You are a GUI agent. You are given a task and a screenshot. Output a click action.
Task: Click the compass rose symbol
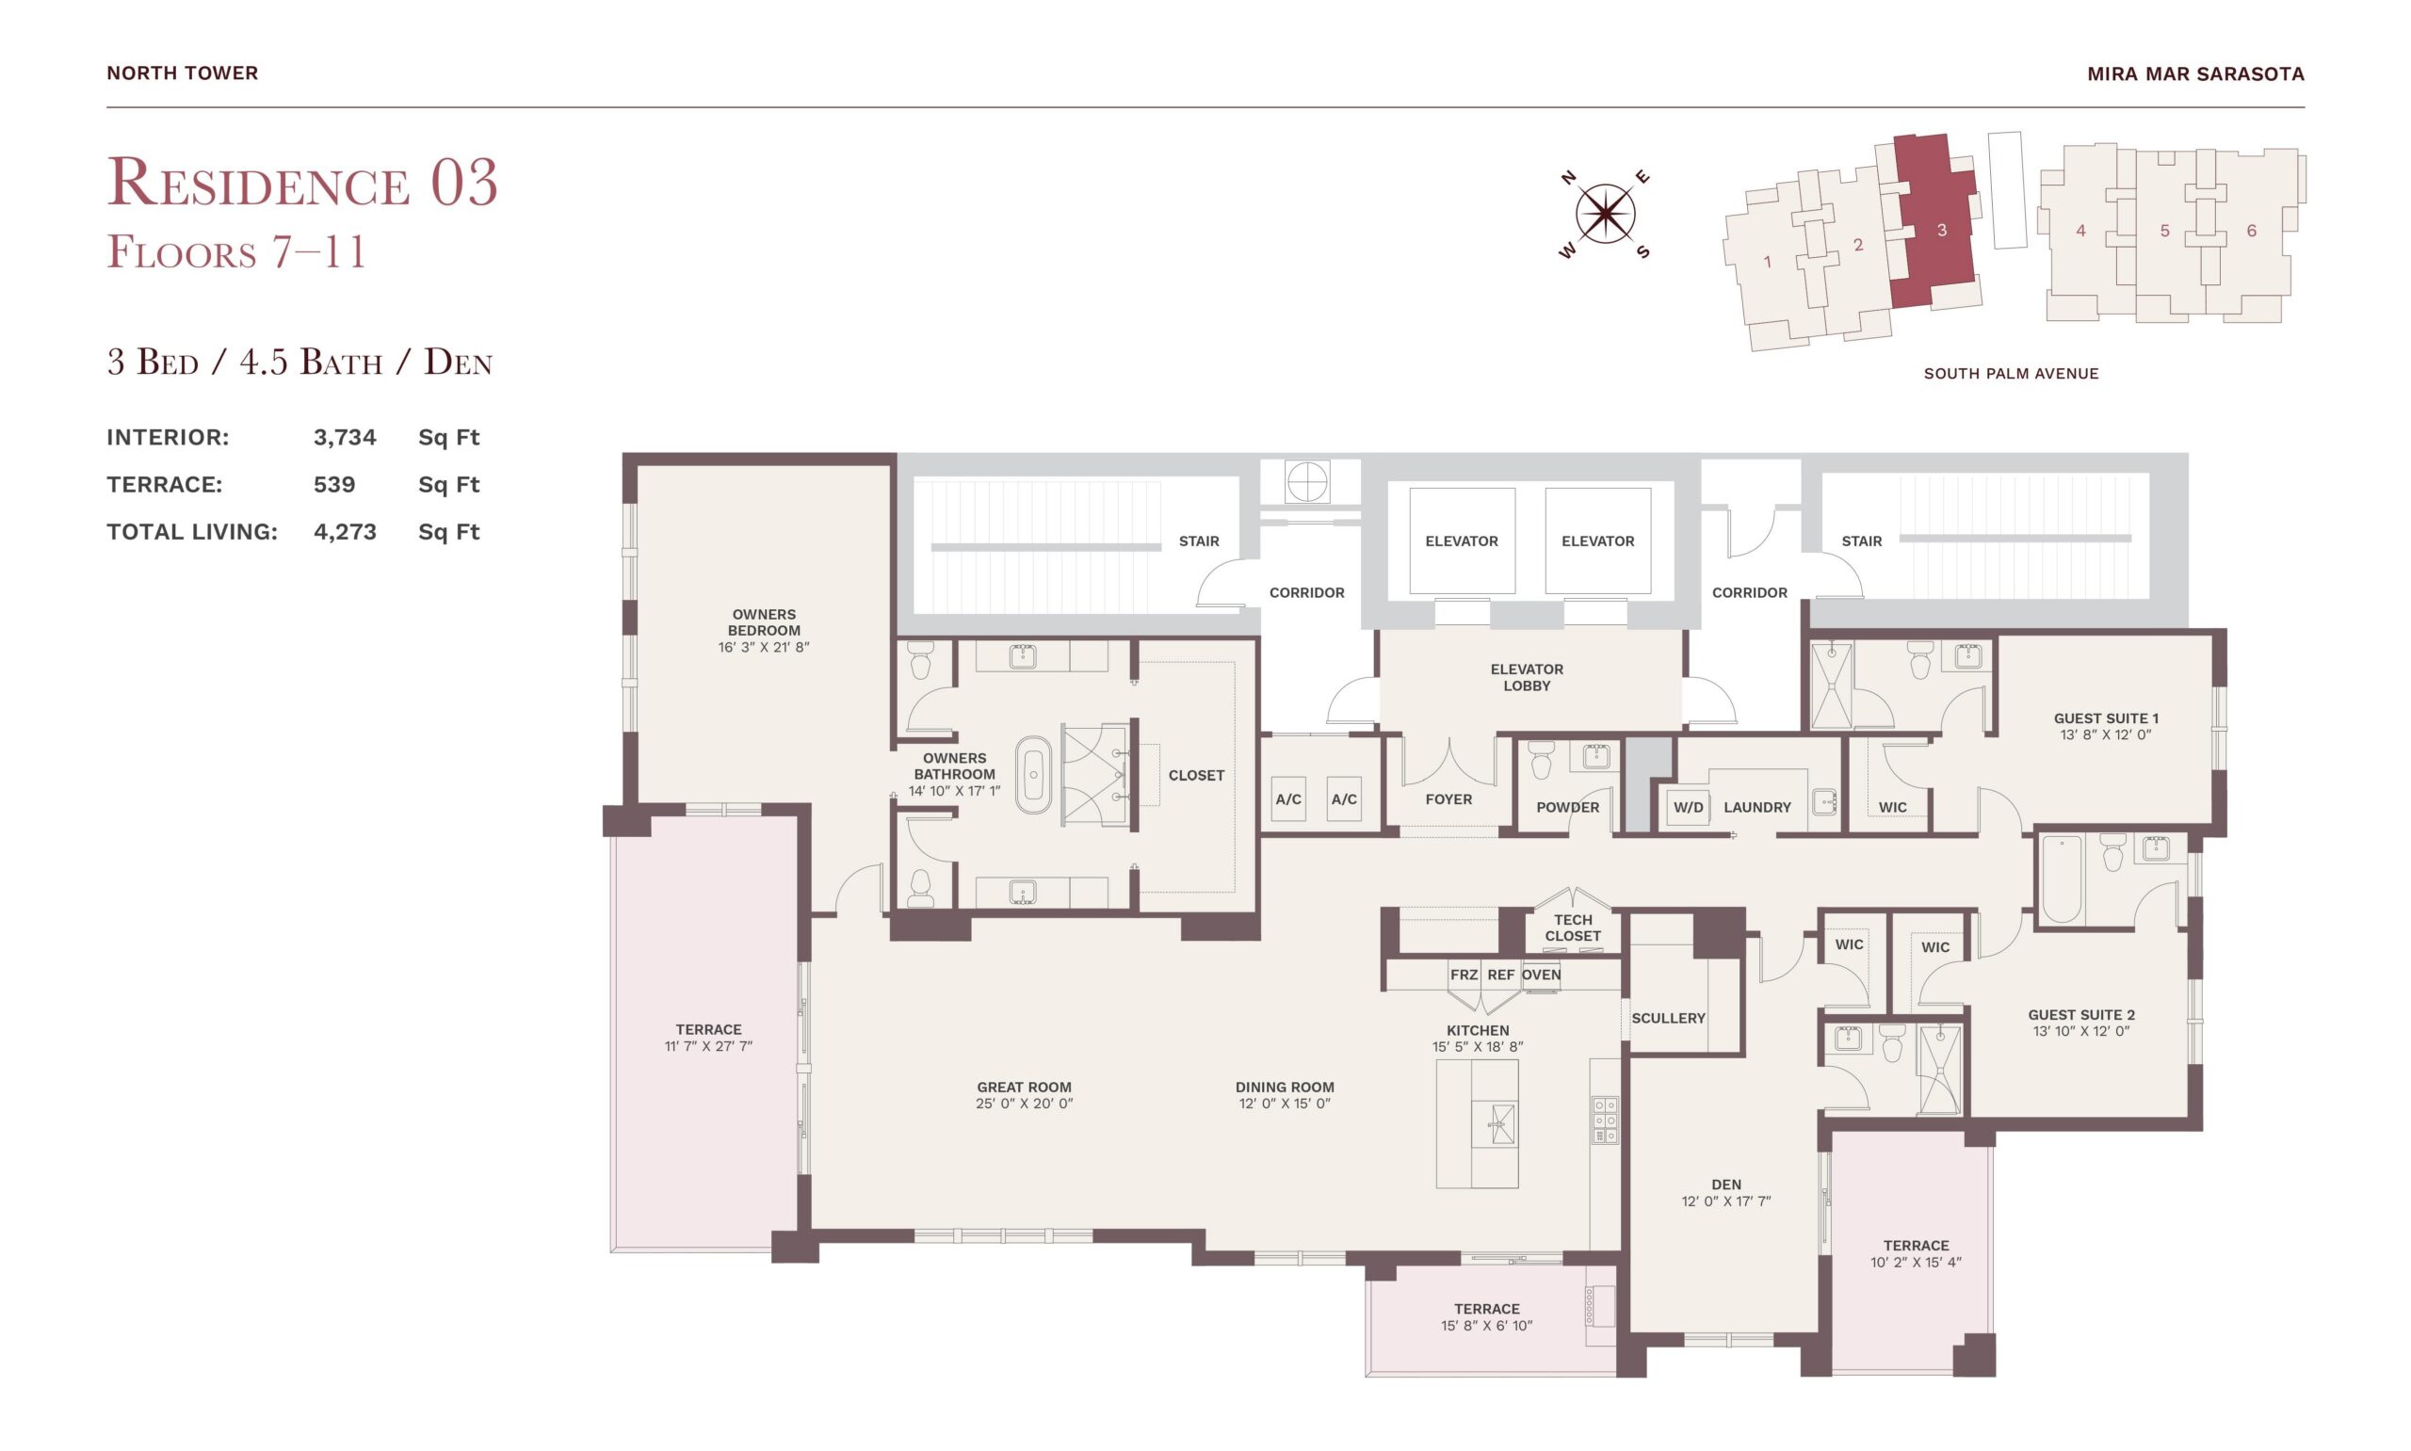coord(1604,214)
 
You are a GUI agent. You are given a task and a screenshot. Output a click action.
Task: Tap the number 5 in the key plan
coord(2164,231)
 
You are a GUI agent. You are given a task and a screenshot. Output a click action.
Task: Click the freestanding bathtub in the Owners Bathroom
coord(1032,775)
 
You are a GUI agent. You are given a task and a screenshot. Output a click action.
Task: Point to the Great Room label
coord(1024,1087)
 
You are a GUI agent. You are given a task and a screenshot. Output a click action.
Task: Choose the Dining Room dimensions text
coord(1284,1103)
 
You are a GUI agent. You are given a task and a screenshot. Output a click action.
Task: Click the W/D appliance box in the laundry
coord(1688,808)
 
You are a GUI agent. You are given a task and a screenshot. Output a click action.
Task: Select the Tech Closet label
coord(1572,927)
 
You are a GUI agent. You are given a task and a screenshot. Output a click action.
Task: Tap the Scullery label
coord(1668,1018)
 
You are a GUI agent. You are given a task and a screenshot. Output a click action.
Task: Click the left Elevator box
coord(1462,540)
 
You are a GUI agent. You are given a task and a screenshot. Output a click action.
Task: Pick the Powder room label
coord(1567,808)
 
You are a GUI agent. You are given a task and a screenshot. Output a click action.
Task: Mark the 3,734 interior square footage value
coord(344,437)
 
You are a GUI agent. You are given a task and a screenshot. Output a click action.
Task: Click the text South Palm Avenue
coord(2010,374)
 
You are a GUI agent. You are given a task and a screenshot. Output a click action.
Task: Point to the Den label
coord(1725,1185)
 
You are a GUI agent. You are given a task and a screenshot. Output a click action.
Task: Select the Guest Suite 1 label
coord(2105,717)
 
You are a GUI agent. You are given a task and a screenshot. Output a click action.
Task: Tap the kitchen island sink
coord(1495,1123)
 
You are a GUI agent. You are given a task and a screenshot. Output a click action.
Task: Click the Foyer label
coord(1448,799)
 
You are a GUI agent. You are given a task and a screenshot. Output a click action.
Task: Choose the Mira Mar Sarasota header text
coord(2195,73)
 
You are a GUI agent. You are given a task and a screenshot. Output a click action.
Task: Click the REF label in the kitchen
coord(1499,975)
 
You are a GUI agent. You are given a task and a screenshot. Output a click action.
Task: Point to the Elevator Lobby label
coord(1527,678)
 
